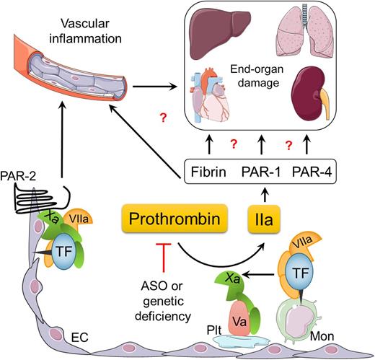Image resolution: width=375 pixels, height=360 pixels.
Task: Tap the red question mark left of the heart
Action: (166, 118)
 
